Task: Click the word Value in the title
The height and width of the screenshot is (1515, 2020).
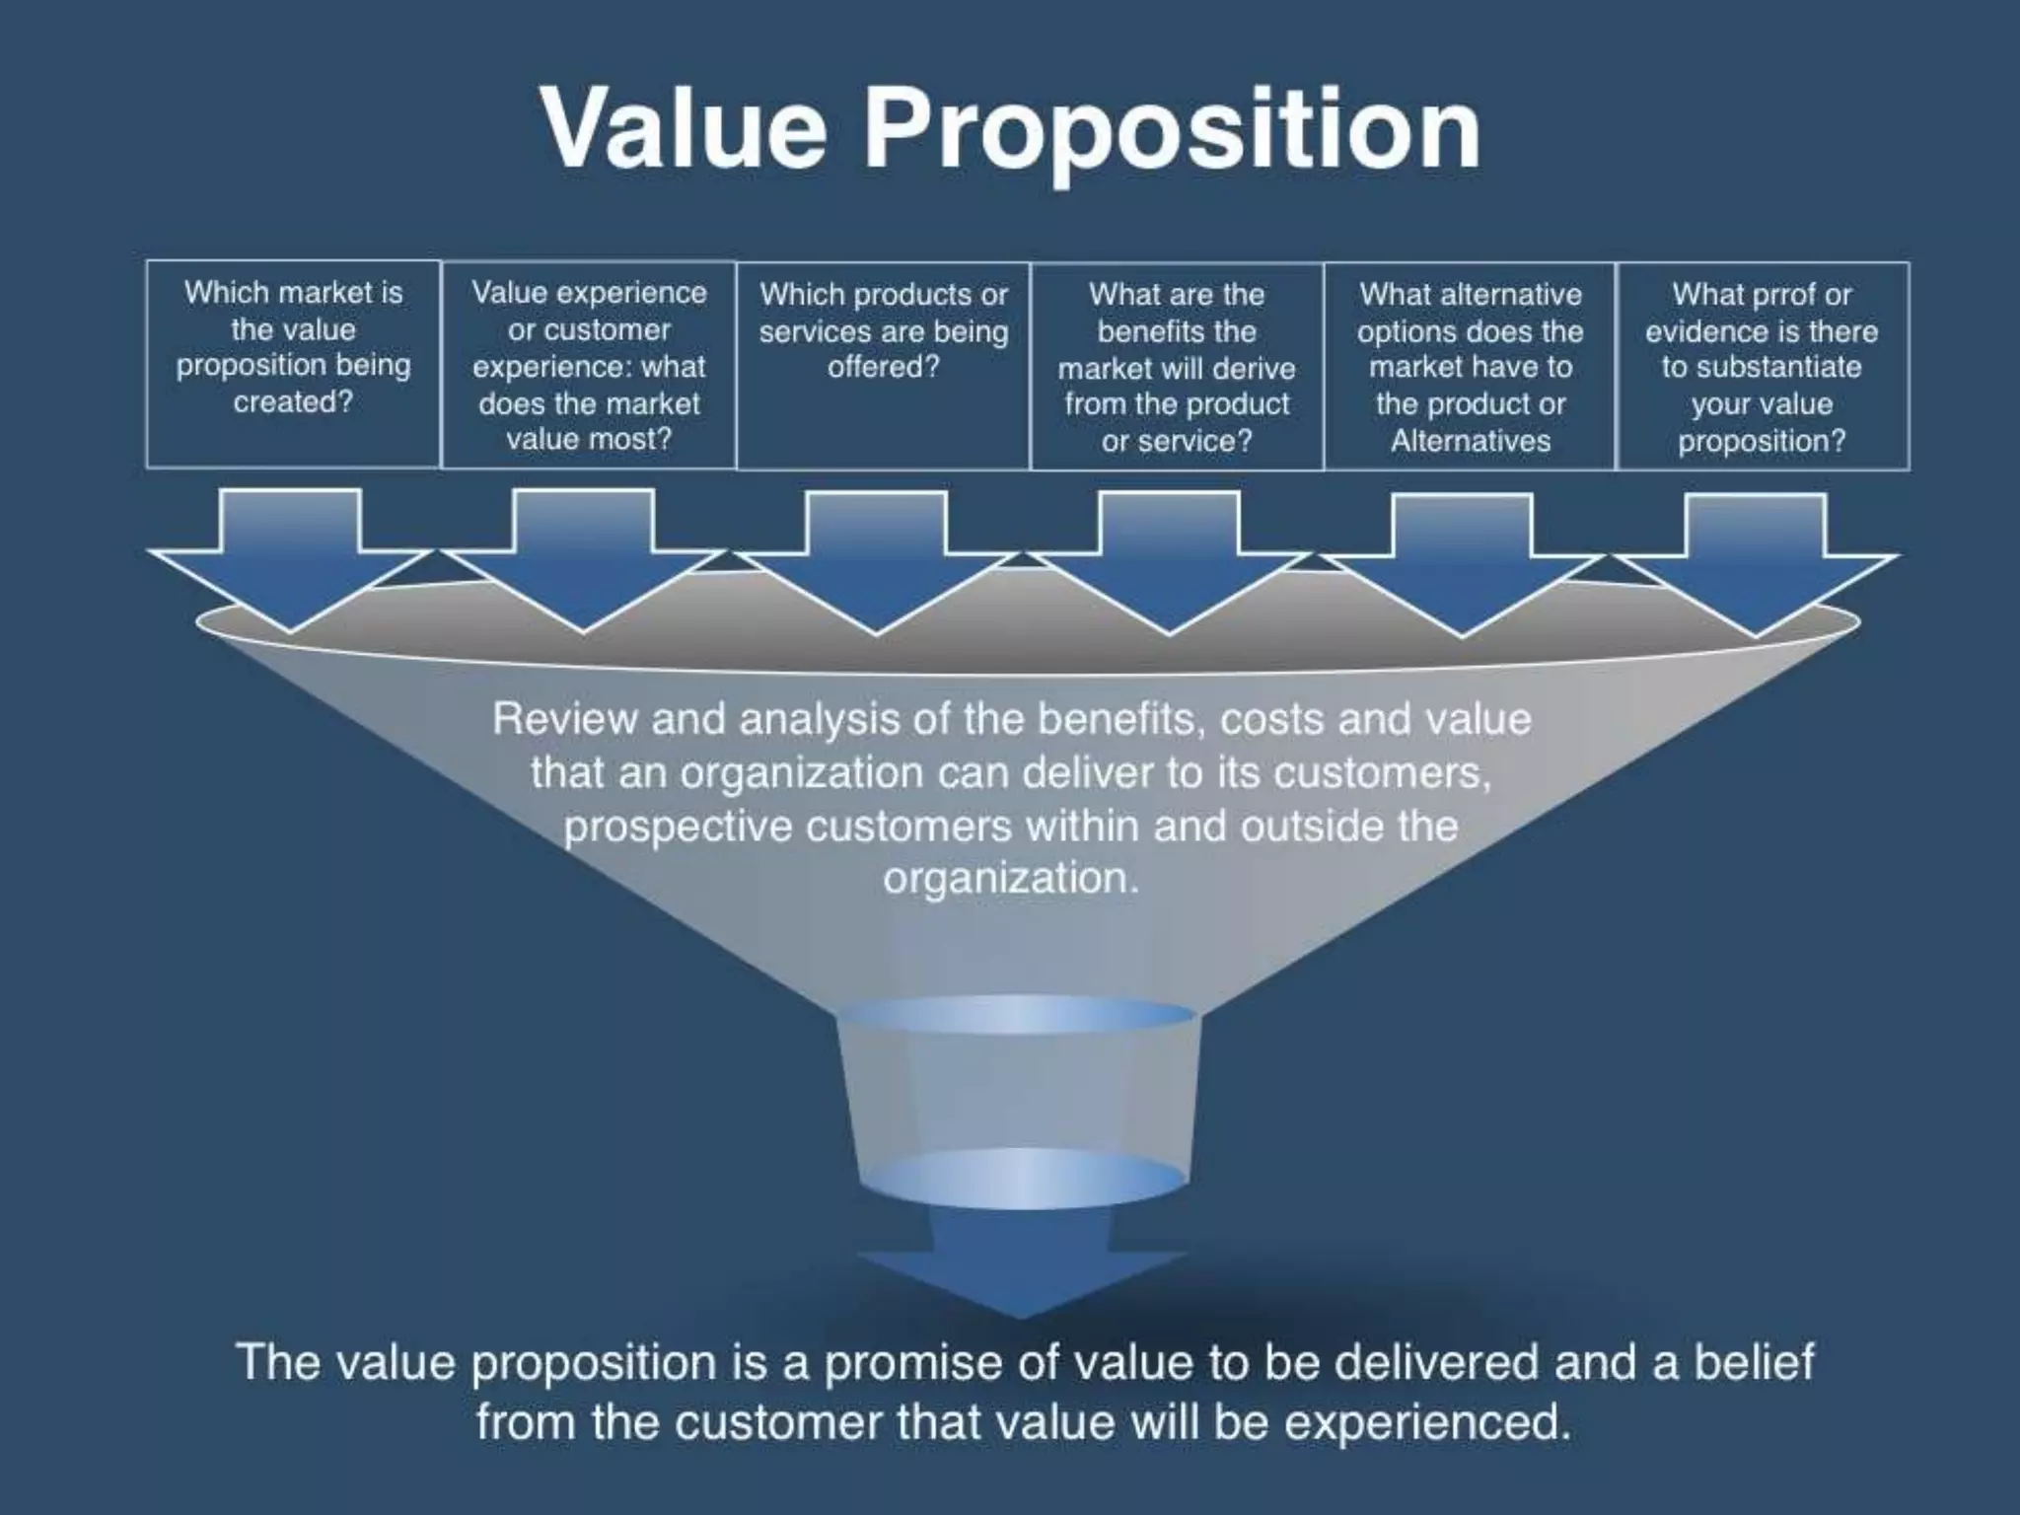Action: [x=683, y=129]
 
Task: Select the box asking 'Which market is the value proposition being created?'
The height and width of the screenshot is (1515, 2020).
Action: [x=293, y=363]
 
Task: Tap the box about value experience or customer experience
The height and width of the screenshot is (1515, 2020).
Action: [x=589, y=365]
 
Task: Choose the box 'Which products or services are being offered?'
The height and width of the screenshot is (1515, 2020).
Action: [x=883, y=365]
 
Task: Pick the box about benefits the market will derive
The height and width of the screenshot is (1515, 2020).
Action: [x=1177, y=366]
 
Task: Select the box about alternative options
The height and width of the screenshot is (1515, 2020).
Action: [x=1470, y=366]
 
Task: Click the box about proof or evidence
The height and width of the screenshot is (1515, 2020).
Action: [x=1762, y=366]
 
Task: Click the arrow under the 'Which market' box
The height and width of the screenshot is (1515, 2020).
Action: [x=290, y=557]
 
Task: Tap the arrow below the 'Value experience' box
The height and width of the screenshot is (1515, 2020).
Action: [x=584, y=558]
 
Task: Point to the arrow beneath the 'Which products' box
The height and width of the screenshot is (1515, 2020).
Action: [x=877, y=560]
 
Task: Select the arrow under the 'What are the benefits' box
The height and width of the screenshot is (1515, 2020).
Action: [x=1170, y=561]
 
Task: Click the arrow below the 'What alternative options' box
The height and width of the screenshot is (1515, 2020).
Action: [x=1462, y=562]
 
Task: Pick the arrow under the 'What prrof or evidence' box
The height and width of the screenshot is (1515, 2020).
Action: [x=1756, y=563]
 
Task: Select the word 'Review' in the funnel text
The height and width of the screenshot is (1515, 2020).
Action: [x=564, y=719]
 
